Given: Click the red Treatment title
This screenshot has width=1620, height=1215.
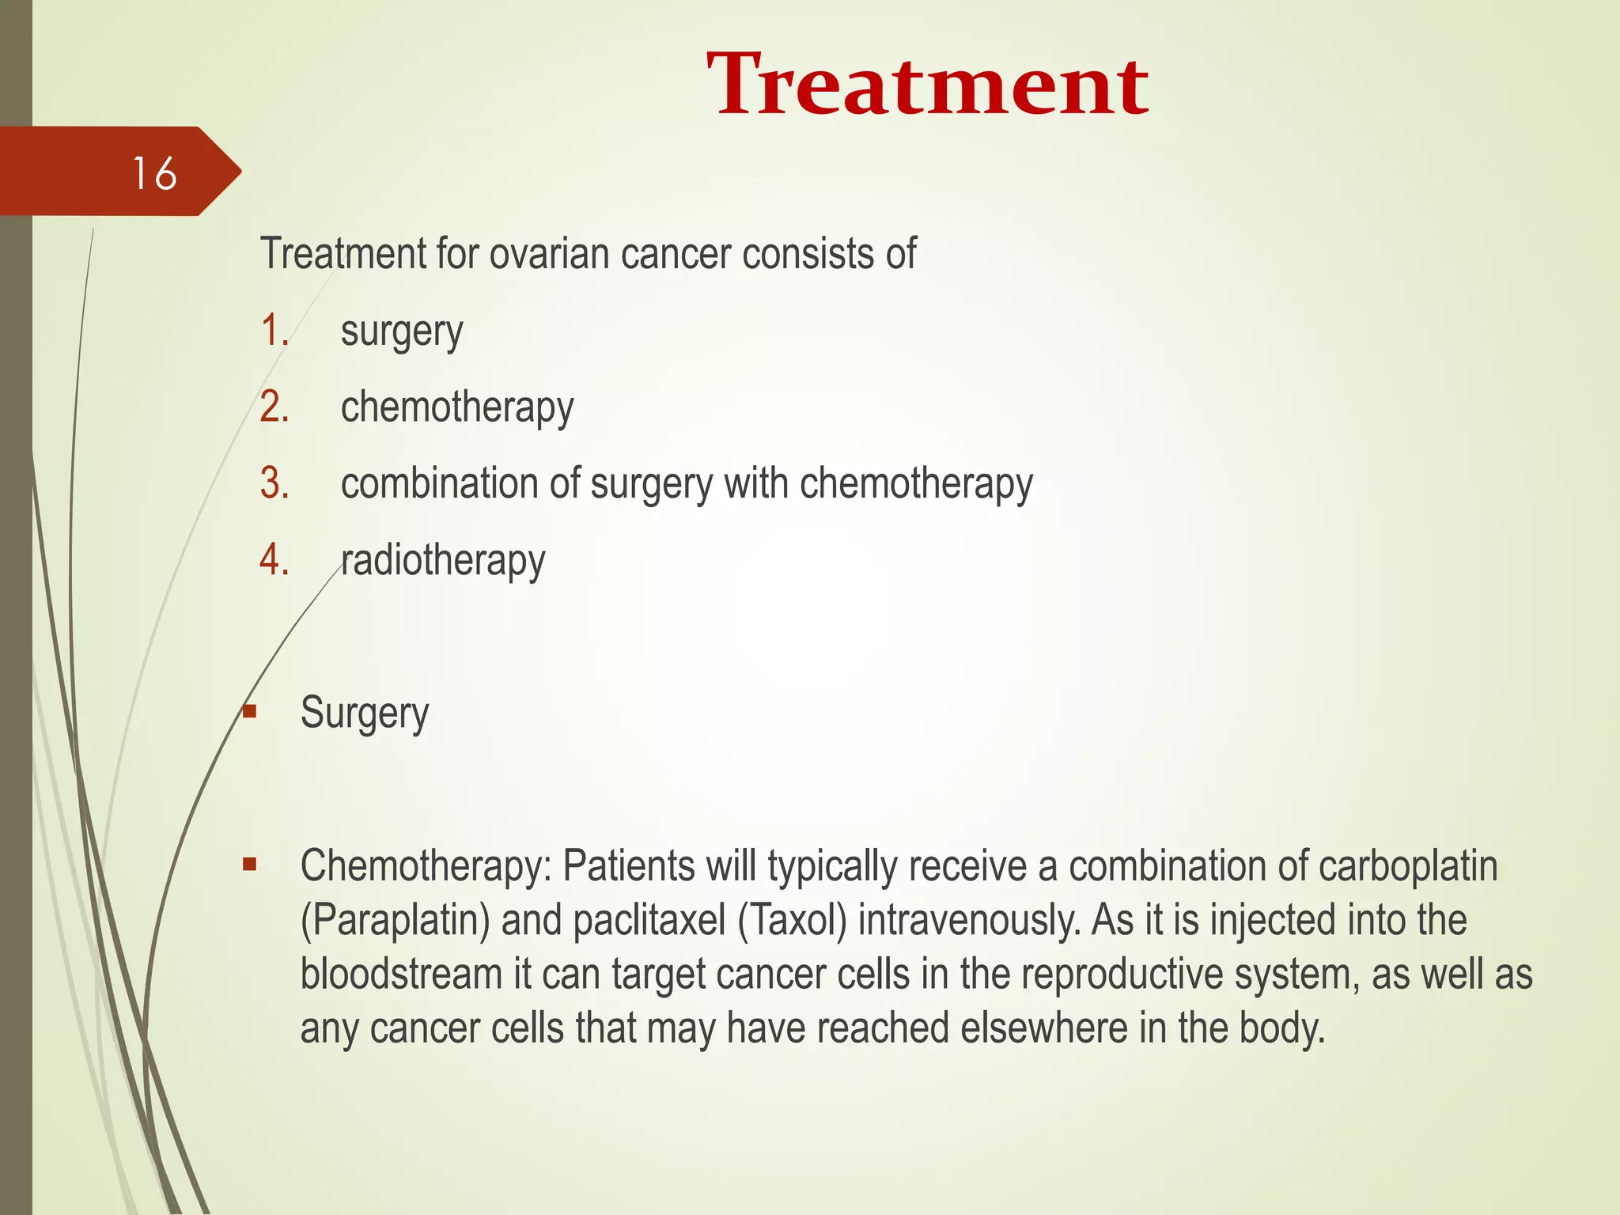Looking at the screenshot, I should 927,85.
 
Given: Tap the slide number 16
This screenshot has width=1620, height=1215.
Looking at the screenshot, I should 154,173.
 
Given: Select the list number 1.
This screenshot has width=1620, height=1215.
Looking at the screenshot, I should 274,331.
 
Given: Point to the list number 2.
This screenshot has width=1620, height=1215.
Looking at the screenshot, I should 274,407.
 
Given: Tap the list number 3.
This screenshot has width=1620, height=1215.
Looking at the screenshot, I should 274,483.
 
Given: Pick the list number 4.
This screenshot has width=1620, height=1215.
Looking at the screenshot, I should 274,560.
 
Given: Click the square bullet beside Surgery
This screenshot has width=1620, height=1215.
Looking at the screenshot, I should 250,711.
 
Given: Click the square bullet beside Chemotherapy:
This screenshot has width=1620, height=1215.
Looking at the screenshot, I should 250,864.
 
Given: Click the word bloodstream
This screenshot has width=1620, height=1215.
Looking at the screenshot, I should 401,974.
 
